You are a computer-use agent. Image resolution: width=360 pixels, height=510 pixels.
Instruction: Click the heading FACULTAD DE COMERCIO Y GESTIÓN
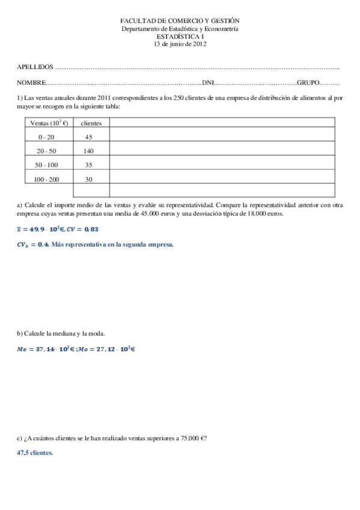[x=180, y=20]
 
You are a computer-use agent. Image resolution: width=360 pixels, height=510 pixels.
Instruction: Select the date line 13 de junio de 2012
[x=180, y=44]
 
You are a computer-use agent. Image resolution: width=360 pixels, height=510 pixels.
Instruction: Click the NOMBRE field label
[x=31, y=82]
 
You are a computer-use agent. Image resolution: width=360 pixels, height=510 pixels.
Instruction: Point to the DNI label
[x=208, y=82]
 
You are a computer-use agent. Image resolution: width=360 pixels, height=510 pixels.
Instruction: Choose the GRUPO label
[x=308, y=82]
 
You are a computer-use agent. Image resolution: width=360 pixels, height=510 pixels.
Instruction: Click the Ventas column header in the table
[x=49, y=123]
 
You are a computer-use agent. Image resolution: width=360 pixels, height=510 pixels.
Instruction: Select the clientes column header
[x=91, y=123]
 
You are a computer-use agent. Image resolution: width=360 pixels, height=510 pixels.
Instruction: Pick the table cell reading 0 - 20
[x=46, y=137]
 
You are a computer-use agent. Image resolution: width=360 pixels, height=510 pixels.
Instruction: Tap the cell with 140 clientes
[x=89, y=150]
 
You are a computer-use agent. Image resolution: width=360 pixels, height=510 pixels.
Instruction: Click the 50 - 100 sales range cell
[x=46, y=164]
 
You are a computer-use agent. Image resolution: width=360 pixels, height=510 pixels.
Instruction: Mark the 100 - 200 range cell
[x=46, y=179]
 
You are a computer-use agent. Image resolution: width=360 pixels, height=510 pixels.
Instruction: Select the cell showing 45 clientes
[x=89, y=137]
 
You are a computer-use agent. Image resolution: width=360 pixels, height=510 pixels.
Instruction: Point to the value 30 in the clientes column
[x=89, y=179]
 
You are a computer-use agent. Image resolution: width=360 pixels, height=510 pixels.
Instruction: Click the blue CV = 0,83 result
[x=84, y=229]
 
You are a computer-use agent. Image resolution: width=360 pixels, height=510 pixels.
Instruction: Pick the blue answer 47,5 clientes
[x=35, y=453]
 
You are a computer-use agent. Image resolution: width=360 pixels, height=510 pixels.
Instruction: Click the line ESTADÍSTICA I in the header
[x=180, y=36]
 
